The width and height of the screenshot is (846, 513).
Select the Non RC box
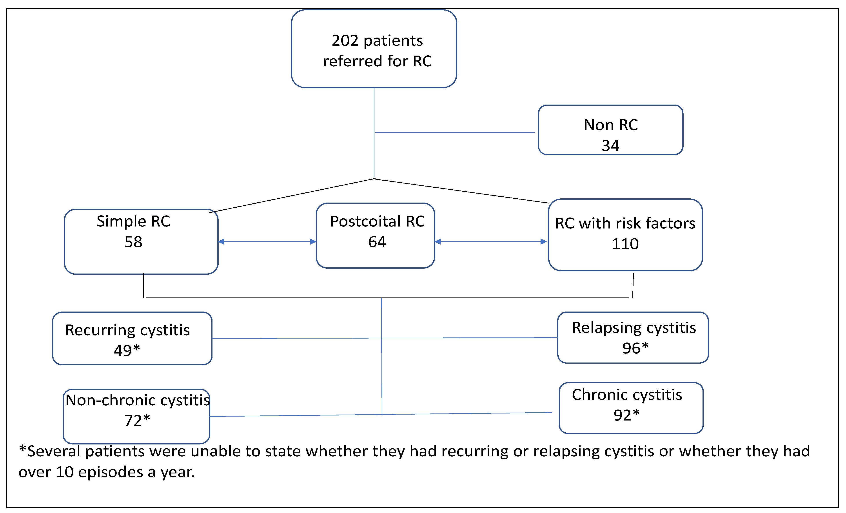click(x=610, y=130)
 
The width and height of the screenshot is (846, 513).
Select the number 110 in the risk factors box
click(x=625, y=244)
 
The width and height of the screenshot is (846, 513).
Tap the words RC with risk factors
click(x=625, y=223)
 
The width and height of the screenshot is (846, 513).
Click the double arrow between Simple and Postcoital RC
click(x=267, y=242)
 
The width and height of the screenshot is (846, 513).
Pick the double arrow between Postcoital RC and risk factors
click(x=491, y=242)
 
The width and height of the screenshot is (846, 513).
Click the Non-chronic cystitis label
click(x=137, y=400)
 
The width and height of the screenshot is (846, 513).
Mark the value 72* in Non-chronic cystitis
click(x=137, y=421)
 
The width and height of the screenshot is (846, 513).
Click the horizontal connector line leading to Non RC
click(x=455, y=132)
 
